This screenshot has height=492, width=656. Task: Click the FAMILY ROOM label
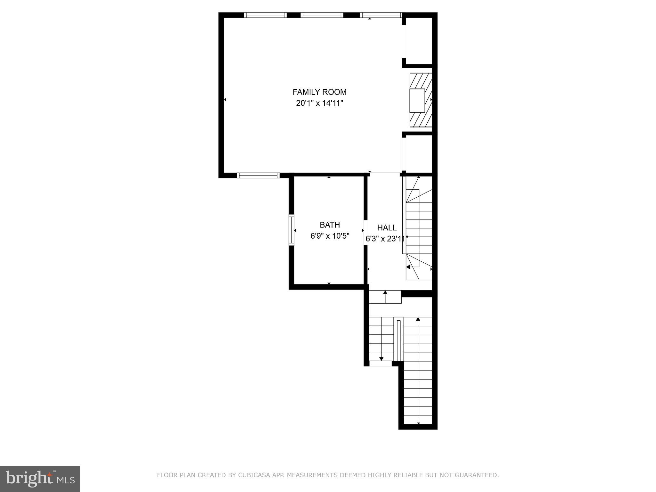319,92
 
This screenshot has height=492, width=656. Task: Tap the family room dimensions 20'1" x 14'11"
319,103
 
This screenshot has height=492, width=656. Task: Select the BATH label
330,225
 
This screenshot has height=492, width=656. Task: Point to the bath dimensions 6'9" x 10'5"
330,236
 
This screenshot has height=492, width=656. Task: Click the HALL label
387,228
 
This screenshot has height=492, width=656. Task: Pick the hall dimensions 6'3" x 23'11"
387,239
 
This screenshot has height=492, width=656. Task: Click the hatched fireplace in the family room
421,100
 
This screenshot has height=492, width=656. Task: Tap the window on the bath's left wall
291,230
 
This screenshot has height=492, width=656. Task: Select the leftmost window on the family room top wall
265,15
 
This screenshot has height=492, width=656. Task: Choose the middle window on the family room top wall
322,15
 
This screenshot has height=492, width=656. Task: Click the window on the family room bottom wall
258,175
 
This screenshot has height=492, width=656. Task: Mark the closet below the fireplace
419,153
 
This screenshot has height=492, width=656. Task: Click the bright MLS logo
40,479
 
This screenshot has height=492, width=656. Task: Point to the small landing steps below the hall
385,297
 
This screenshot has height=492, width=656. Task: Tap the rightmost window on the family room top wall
381,15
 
